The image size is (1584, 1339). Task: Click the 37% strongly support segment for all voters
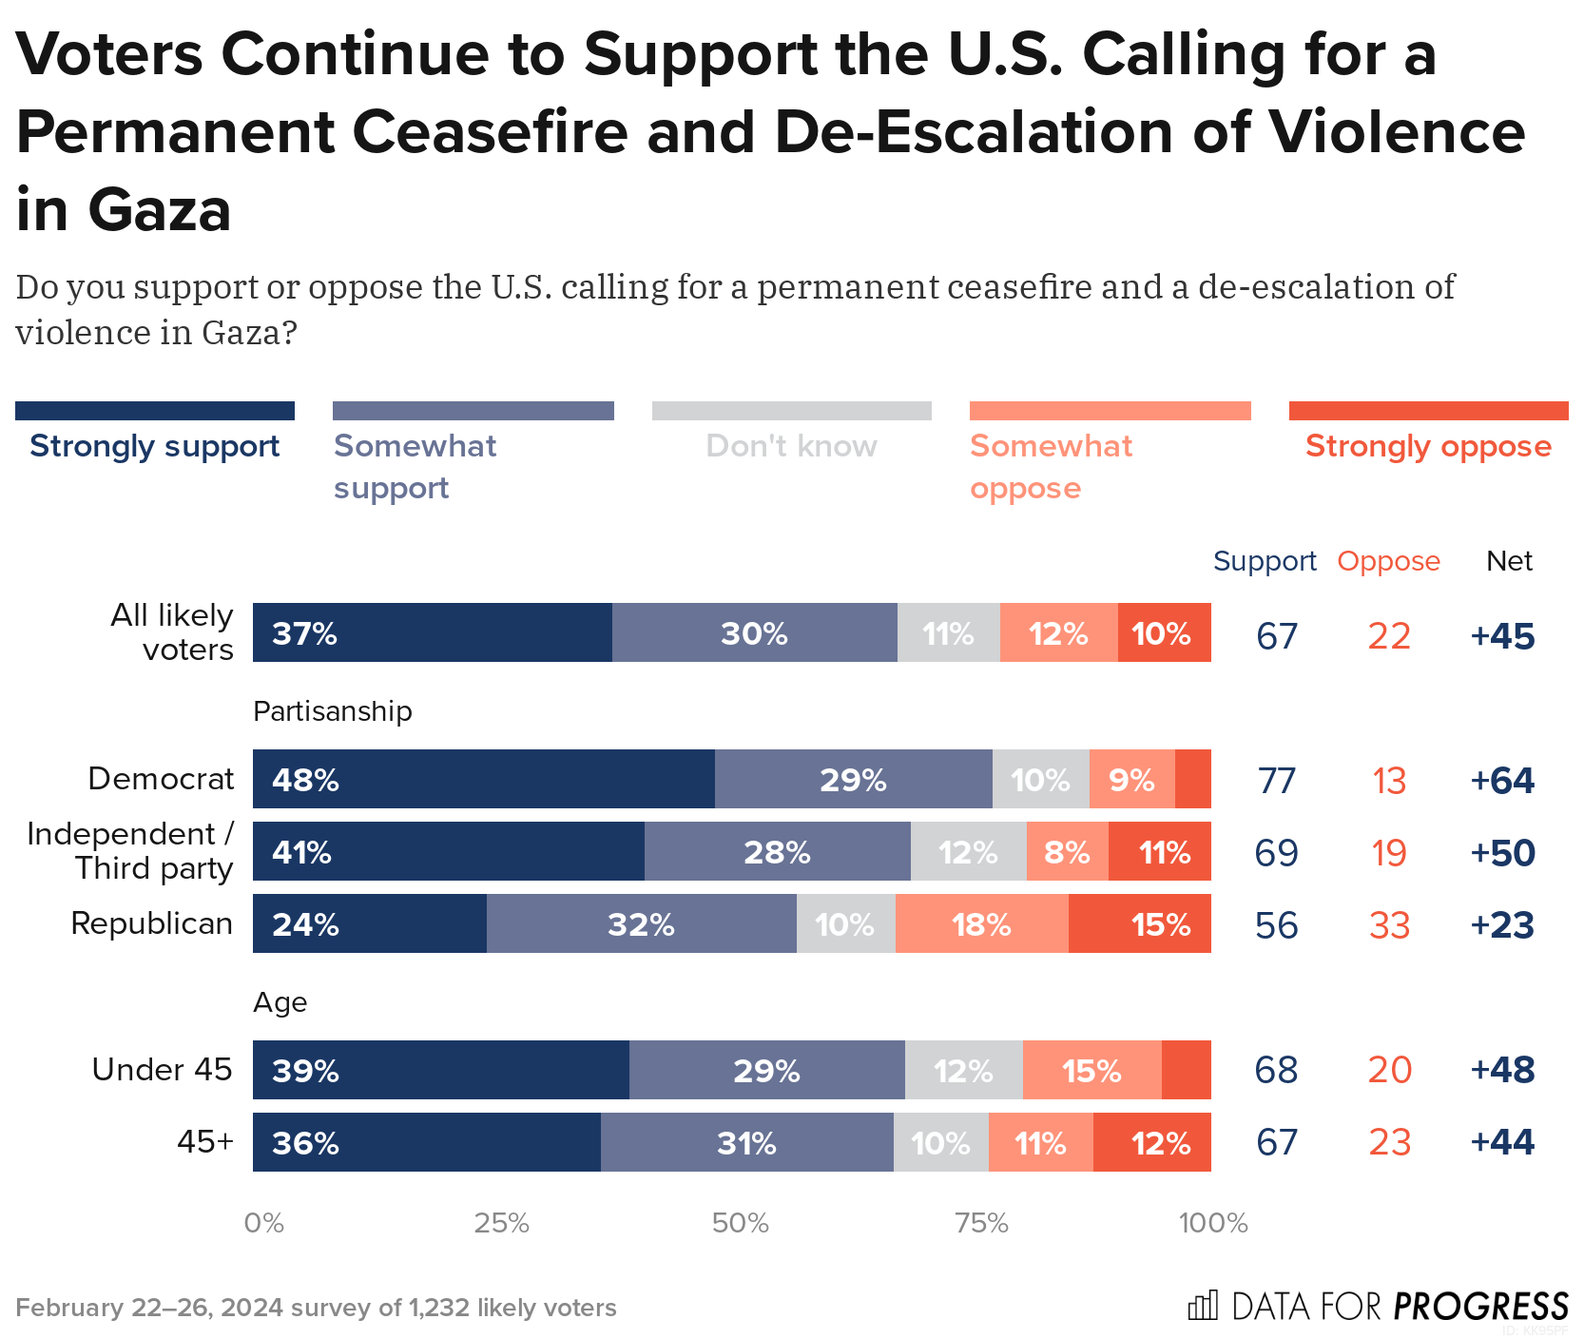click(x=432, y=632)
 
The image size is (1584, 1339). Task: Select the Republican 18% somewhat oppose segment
click(x=981, y=923)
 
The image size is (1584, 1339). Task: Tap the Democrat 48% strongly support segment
click(x=483, y=779)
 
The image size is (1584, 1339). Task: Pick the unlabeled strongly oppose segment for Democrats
click(x=1192, y=779)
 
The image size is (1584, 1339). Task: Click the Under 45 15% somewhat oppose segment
click(x=1091, y=1070)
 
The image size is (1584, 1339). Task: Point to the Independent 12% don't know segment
click(x=968, y=851)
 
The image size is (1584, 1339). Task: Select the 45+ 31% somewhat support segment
click(x=746, y=1142)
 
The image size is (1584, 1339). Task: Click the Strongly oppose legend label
click(x=1428, y=446)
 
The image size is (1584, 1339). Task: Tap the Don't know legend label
click(x=791, y=446)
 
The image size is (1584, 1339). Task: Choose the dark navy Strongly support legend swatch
click(x=155, y=411)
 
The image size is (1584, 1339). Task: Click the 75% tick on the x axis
click(x=981, y=1223)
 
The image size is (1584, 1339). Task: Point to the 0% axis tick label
click(x=263, y=1223)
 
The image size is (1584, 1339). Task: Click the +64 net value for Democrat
click(x=1502, y=781)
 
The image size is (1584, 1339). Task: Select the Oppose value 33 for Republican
click(x=1389, y=925)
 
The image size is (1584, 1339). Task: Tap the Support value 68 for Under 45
click(x=1276, y=1070)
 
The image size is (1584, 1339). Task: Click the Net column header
click(x=1509, y=561)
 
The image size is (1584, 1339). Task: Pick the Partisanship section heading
click(x=332, y=711)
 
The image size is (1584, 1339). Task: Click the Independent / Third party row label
click(x=130, y=851)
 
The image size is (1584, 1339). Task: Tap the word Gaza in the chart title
click(x=160, y=210)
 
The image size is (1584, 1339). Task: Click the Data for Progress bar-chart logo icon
click(x=1202, y=1306)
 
